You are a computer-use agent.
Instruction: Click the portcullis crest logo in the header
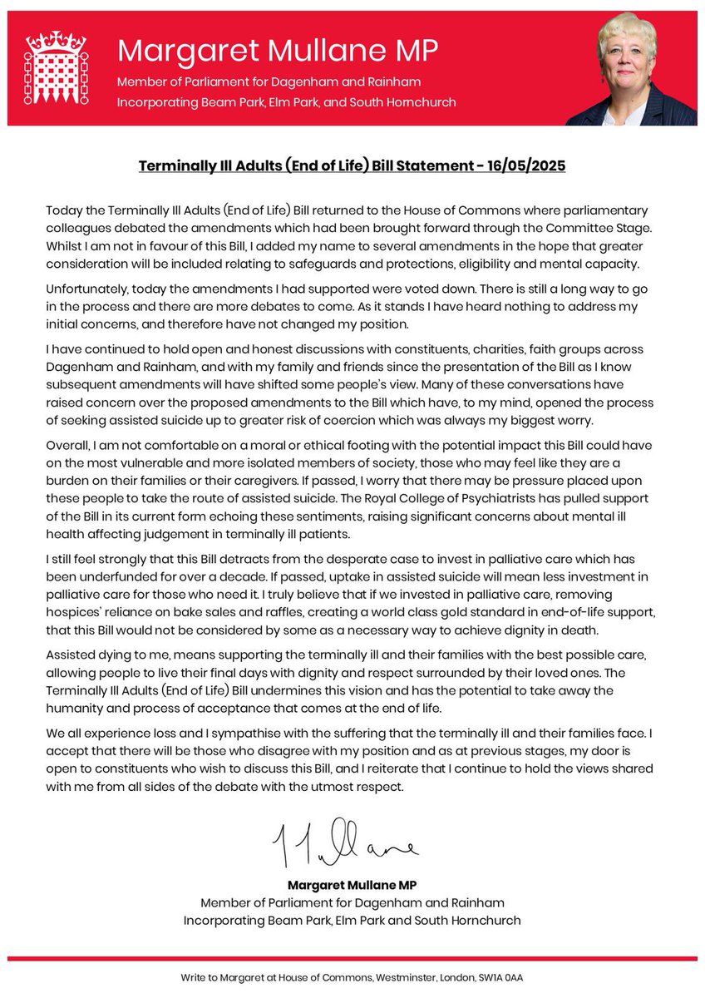[57, 68]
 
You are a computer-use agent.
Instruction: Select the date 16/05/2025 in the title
[525, 166]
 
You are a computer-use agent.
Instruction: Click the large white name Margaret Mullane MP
[277, 52]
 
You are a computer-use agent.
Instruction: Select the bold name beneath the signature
[352, 886]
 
